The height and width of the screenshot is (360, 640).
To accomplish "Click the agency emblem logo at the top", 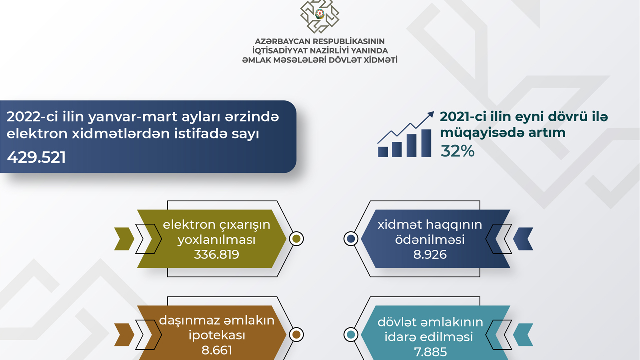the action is pyautogui.click(x=319, y=16).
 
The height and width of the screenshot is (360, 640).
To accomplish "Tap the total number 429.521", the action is pyautogui.click(x=36, y=157).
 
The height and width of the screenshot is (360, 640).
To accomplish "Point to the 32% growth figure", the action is pyautogui.click(x=457, y=151).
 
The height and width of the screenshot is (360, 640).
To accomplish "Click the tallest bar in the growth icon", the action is pyautogui.click(x=426, y=143).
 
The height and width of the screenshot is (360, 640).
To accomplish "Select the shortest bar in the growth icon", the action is pyautogui.click(x=383, y=152).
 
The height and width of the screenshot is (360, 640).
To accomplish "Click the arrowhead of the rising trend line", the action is pyautogui.click(x=430, y=115).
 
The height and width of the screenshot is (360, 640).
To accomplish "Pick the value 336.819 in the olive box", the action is pyautogui.click(x=216, y=254).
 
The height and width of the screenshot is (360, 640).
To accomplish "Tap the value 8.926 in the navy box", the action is pyautogui.click(x=430, y=254).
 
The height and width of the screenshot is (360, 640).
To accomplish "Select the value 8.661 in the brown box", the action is pyautogui.click(x=217, y=350).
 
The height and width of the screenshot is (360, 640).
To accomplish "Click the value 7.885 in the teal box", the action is pyautogui.click(x=430, y=352).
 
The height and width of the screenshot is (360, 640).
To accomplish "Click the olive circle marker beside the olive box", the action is pyautogui.click(x=296, y=239).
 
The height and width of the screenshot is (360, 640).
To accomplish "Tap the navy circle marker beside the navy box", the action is pyautogui.click(x=351, y=239).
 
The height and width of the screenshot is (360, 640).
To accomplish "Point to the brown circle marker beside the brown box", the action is pyautogui.click(x=296, y=335).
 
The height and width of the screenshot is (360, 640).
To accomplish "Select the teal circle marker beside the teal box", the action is pyautogui.click(x=351, y=335).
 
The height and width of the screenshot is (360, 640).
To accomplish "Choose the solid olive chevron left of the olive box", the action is pyautogui.click(x=124, y=239).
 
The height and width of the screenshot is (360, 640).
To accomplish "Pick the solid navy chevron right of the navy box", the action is pyautogui.click(x=523, y=239).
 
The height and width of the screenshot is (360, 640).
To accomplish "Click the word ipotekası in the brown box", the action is pyautogui.click(x=217, y=335).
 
